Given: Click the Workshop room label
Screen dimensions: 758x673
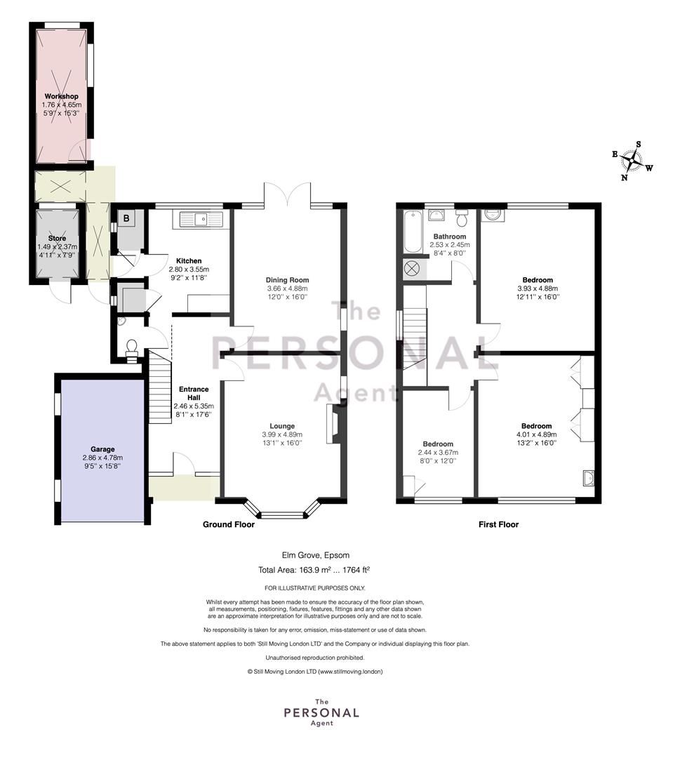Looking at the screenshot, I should tap(61, 96).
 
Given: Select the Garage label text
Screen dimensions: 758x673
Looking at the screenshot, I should tap(102, 448).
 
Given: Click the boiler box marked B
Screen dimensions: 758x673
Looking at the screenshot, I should tap(126, 218).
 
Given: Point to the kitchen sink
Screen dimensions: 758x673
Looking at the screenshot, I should tap(201, 220).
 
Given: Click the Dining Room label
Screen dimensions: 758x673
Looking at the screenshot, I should tap(287, 279).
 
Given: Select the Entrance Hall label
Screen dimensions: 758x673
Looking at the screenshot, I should tap(194, 393).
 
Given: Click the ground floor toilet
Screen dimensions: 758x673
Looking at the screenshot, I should tap(131, 347).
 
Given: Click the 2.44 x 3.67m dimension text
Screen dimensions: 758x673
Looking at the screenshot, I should tap(438, 453).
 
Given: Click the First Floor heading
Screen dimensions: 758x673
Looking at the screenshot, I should tap(498, 524).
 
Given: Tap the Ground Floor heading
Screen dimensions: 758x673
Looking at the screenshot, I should tap(229, 524).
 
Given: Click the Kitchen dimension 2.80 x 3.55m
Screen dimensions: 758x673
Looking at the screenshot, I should tap(189, 270).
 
